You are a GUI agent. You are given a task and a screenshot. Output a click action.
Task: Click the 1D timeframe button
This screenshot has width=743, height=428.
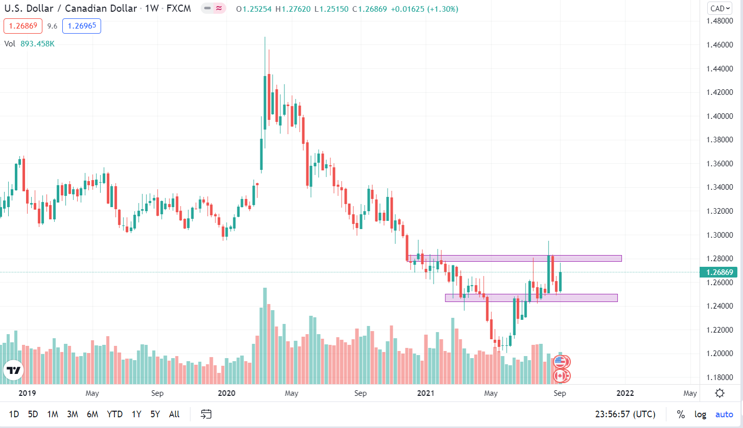14,414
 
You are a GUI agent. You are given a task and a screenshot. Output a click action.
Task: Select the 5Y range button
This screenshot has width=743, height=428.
155,414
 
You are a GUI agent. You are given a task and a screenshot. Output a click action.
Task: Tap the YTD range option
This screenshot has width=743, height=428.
115,414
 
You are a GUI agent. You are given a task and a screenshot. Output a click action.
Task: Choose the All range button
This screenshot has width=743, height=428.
174,414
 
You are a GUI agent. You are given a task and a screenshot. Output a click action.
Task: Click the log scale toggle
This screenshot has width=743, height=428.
700,414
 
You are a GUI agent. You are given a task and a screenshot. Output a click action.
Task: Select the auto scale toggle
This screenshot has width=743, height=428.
724,414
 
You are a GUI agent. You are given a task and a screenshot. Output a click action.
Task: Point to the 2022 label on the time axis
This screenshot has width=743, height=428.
625,393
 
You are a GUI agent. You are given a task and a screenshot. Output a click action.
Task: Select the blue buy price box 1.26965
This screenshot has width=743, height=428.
82,26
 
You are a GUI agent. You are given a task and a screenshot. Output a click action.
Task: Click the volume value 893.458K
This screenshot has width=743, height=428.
37,44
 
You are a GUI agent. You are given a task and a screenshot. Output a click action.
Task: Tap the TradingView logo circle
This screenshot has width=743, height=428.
14,371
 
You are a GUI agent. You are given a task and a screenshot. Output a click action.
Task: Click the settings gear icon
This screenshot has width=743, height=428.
720,393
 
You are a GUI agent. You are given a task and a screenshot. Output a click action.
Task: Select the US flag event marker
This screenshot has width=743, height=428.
561,362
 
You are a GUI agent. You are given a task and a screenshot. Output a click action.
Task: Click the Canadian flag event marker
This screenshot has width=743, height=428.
561,376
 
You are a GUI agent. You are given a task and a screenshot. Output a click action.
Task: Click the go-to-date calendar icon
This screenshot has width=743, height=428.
206,414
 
